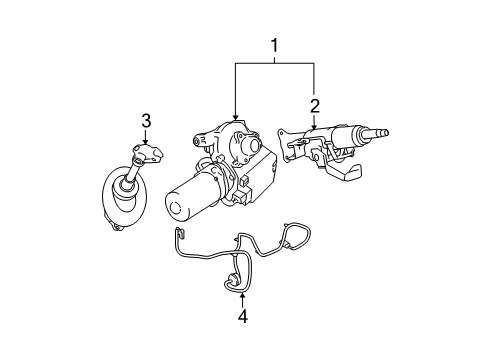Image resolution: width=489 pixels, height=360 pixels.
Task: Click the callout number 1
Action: point(274,44)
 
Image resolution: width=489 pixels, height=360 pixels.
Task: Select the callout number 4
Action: point(240,319)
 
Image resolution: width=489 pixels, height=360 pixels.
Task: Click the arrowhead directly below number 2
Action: point(314,130)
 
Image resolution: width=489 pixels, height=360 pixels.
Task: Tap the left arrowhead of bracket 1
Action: point(235,123)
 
